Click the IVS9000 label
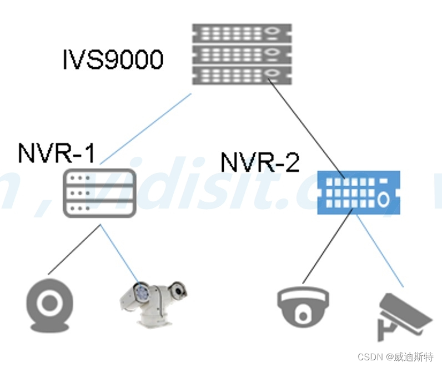tap(113, 59)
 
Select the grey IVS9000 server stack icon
tap(242, 54)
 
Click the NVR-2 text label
tap(260, 162)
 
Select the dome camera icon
tap(302, 305)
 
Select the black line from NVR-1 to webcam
tap(74, 250)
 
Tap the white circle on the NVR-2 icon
tap(383, 199)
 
